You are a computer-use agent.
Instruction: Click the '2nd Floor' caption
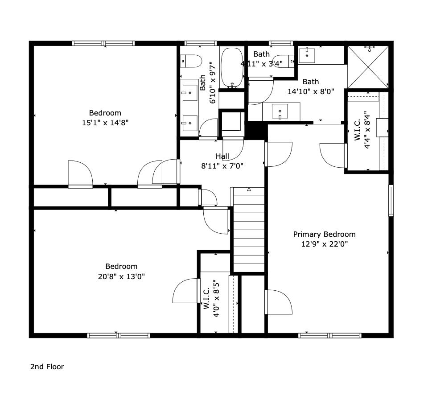pos(47,367)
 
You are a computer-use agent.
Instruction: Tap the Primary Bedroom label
pos(324,234)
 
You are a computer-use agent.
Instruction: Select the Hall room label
pos(222,156)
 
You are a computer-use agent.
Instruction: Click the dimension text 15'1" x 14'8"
pos(105,123)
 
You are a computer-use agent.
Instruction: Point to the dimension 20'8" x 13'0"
pos(121,276)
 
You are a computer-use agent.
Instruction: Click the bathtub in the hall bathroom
pos(232,68)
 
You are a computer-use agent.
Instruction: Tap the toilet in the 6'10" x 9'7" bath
pos(191,61)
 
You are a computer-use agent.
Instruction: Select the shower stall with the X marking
pos(368,67)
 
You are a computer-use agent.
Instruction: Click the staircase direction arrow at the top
pos(249,190)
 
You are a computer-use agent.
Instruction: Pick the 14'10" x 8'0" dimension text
pos(311,91)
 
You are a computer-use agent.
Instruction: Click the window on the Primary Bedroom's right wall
pos(391,200)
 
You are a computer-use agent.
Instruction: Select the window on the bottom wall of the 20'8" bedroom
pos(119,336)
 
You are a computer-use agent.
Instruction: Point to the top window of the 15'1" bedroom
pos(103,43)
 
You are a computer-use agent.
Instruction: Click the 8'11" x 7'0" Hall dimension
pos(222,166)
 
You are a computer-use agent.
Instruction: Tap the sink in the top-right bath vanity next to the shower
pos(307,55)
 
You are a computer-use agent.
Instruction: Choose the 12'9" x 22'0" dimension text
pos(325,244)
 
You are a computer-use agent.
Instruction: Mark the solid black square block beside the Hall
pos(256,130)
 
